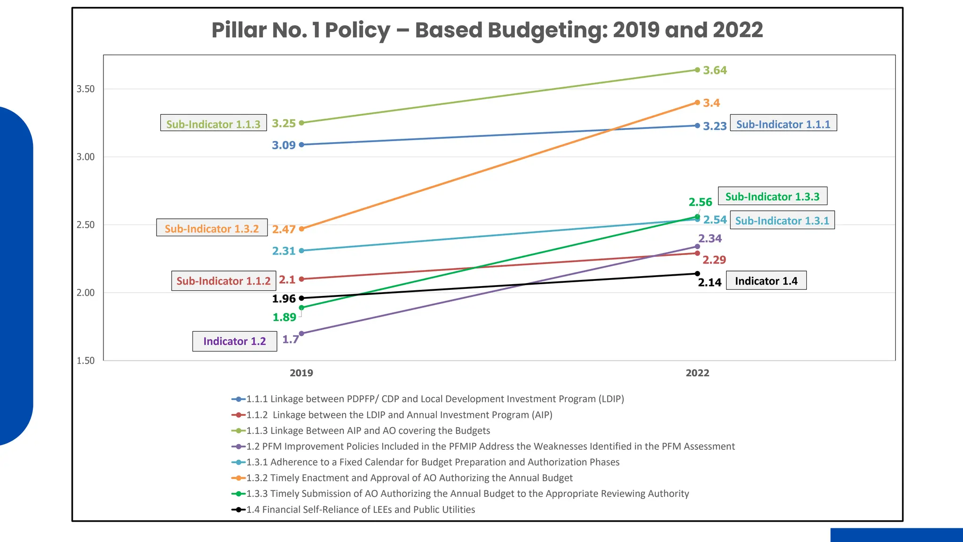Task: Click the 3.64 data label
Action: click(715, 71)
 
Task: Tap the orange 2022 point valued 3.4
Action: click(697, 103)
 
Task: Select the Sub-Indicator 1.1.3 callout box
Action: click(213, 123)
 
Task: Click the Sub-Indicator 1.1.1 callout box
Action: click(783, 123)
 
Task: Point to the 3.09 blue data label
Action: click(284, 145)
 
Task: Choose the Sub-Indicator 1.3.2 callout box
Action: click(212, 228)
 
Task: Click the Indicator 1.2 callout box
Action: click(235, 341)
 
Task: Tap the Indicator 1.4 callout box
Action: click(766, 281)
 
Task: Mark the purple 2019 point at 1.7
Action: click(301, 334)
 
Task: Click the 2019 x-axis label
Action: click(301, 373)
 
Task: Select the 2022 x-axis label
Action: click(697, 373)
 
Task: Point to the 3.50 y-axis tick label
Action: click(86, 89)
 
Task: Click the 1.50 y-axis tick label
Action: click(86, 361)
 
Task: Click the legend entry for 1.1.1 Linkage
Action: click(435, 399)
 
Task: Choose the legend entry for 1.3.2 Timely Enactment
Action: click(409, 478)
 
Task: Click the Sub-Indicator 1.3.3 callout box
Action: click(772, 196)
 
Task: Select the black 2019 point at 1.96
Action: click(301, 298)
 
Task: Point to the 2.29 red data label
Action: click(714, 260)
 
